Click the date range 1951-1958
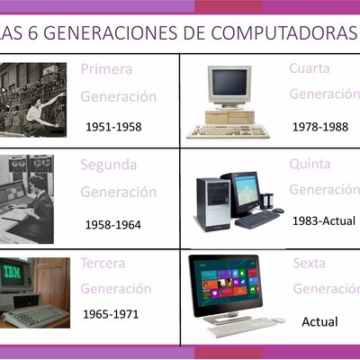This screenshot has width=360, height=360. (113, 127)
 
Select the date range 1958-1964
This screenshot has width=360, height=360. (113, 223)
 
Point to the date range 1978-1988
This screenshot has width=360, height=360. (319, 127)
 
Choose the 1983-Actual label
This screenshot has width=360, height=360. (325, 220)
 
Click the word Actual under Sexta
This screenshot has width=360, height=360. (319, 321)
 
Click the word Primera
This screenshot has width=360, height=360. (106, 69)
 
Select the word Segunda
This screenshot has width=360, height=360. (109, 166)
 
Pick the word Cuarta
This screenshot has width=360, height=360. (310, 69)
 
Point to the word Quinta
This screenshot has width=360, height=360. (310, 164)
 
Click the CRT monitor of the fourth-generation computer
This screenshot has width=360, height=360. (228, 85)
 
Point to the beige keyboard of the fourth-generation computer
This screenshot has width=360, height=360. (227, 130)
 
